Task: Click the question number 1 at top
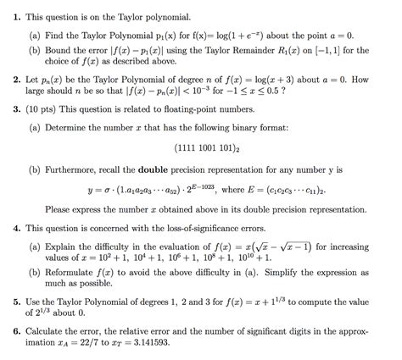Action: [x=17, y=16]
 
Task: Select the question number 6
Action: [x=17, y=335]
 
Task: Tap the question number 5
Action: [x=17, y=302]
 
